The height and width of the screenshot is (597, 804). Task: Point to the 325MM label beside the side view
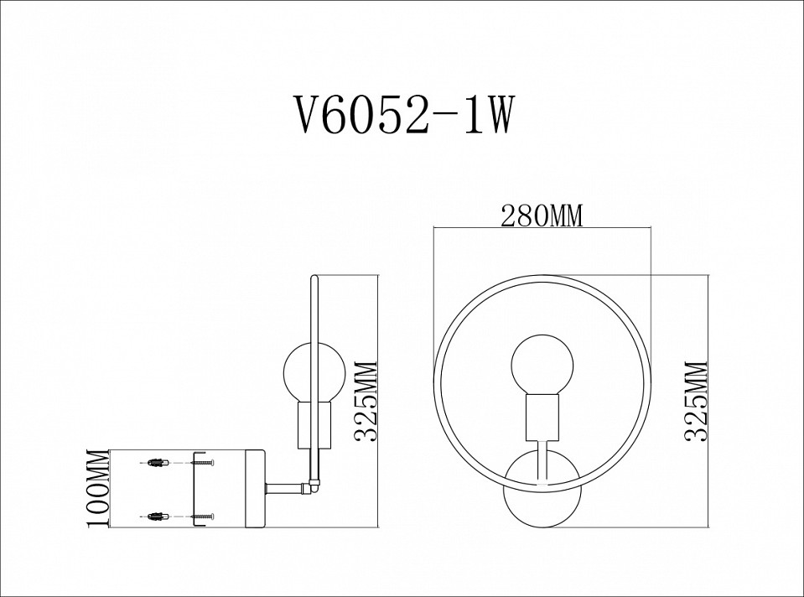[366, 401]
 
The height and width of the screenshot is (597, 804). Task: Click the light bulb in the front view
[542, 365]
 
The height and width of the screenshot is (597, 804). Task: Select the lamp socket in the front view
[542, 418]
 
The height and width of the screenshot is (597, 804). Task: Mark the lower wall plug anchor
[157, 515]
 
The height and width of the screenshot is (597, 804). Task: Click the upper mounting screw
[203, 461]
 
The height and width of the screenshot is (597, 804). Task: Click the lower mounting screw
[203, 515]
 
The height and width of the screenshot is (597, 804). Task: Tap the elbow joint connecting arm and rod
[314, 484]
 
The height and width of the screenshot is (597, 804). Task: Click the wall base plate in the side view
[255, 488]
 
